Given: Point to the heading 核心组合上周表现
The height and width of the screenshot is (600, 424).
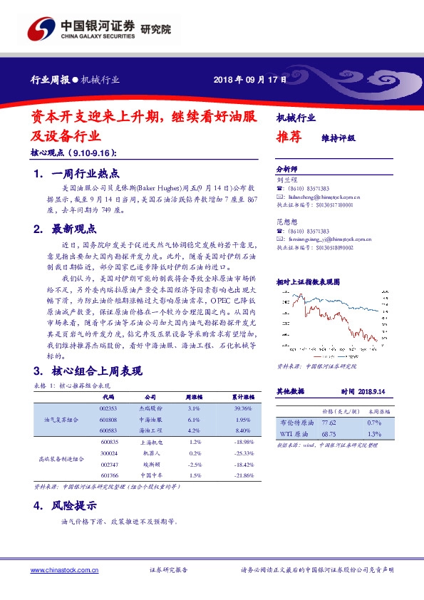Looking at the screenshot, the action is pos(96,371).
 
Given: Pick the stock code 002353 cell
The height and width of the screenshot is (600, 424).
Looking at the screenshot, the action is pos(108,408).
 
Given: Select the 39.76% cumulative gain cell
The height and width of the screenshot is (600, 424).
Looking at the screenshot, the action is pos(243,408).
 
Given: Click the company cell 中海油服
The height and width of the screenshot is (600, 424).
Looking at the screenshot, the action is pos(150,420).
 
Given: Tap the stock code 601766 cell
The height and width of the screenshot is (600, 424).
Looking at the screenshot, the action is pos(108,475).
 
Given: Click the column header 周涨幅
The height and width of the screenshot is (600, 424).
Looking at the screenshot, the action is pos(194,396).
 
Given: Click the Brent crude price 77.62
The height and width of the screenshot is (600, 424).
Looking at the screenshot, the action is pos(329,423).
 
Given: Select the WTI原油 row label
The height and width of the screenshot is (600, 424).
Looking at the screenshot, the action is pos(293,433).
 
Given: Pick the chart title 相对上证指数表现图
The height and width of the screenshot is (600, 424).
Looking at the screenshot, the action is pos(309,282).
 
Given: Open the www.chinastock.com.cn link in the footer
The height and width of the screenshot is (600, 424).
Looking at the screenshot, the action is pos(64,570).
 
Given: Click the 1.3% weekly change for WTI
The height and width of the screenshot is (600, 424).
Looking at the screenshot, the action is pos(375,433).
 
